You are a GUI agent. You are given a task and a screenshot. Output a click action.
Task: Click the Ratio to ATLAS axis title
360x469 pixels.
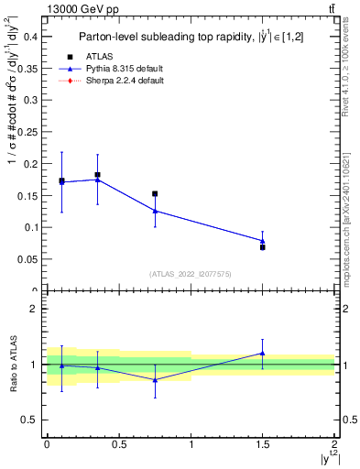[x=12, y=364]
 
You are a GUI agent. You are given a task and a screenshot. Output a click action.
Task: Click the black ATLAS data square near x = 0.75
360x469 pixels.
[x=155, y=194]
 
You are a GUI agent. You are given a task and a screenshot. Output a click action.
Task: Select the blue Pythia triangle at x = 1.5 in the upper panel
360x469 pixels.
[x=263, y=241]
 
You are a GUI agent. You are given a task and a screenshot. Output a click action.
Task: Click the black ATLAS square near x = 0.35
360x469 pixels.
[x=97, y=174]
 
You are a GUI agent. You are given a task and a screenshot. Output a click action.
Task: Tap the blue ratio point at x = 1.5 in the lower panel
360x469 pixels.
[x=263, y=353]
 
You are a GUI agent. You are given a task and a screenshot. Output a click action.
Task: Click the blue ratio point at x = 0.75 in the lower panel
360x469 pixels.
[x=155, y=380]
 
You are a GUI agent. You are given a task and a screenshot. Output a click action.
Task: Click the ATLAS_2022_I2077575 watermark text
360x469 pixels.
[x=190, y=274]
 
